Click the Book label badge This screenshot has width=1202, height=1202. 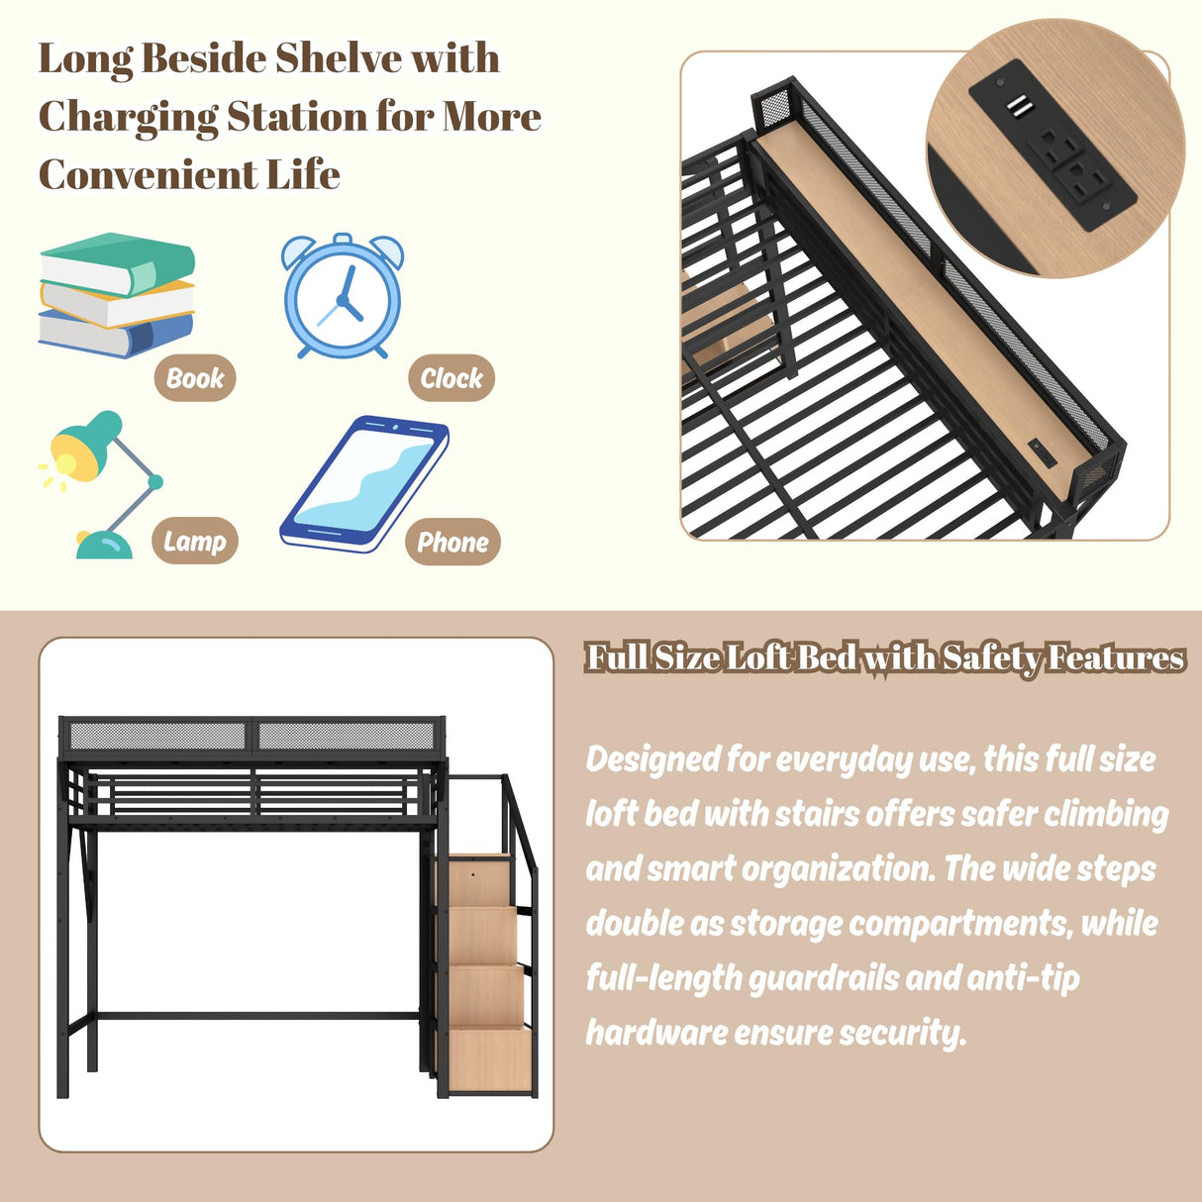[195, 378]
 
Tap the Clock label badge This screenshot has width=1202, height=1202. [451, 378]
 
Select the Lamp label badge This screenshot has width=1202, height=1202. [195, 542]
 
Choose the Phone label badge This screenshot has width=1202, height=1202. [452, 543]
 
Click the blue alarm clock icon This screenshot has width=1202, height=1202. [343, 296]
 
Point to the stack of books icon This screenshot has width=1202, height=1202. [116, 295]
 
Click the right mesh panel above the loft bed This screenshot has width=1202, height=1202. [347, 737]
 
